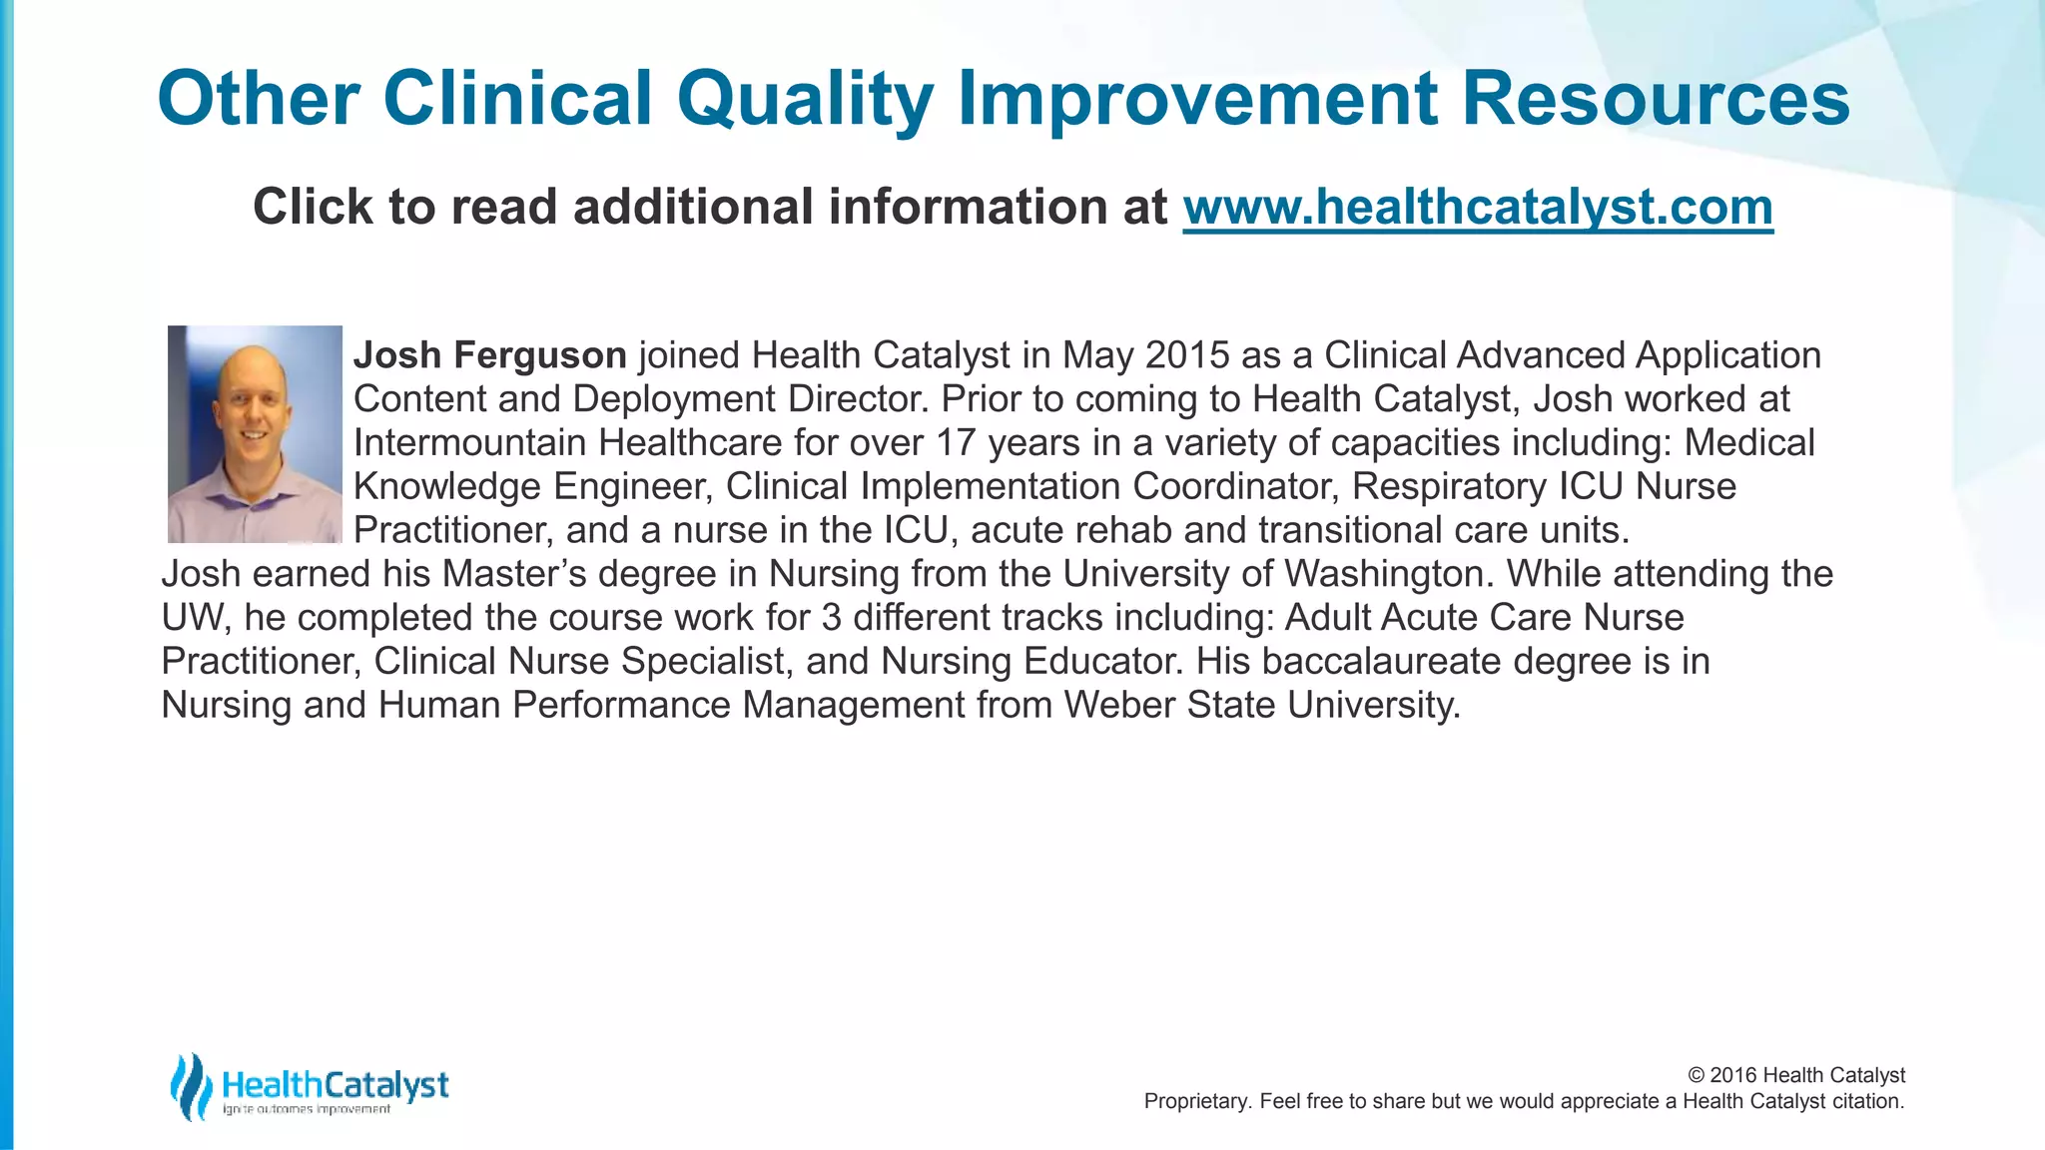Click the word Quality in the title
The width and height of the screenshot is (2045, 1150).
click(805, 99)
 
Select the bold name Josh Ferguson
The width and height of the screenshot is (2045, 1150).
click(489, 355)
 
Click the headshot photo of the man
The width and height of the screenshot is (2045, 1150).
click(255, 434)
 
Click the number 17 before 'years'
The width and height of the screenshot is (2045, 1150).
click(957, 442)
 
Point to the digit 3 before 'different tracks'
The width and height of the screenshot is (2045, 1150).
click(832, 617)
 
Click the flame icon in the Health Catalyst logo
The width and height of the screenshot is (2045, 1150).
click(190, 1086)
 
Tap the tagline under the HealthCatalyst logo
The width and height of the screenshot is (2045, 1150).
click(306, 1110)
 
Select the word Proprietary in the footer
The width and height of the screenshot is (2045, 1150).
click(1194, 1101)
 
